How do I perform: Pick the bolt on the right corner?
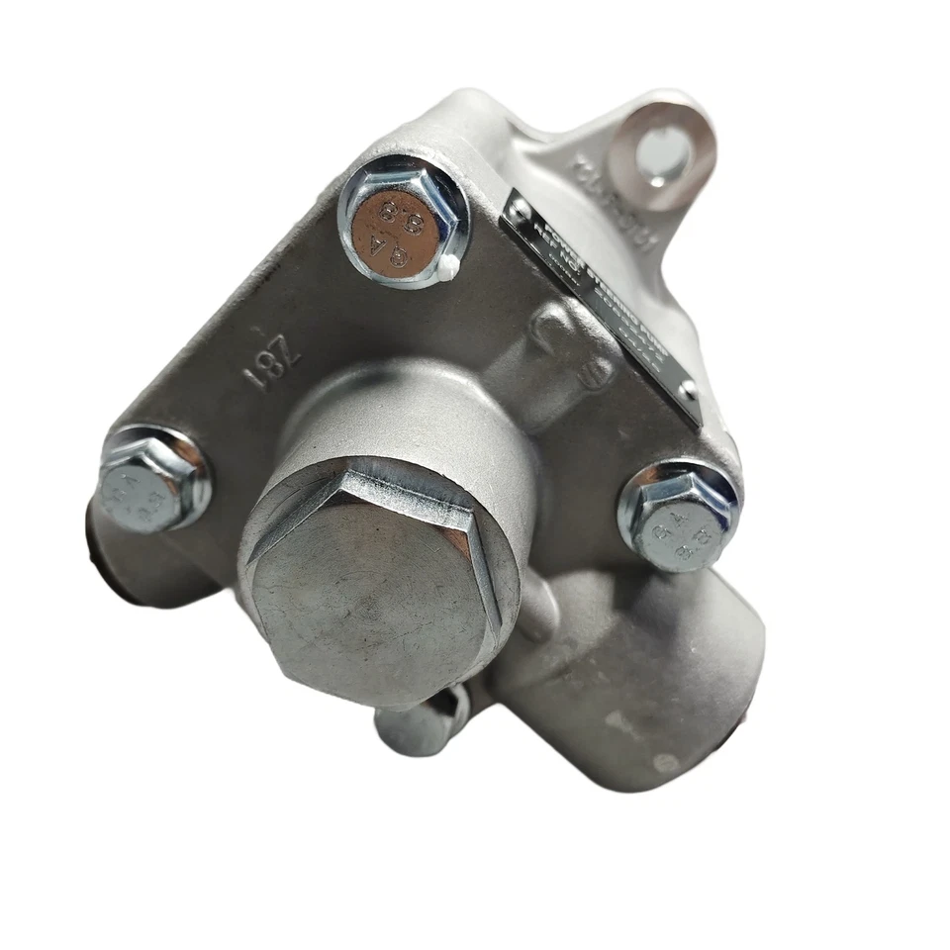[679, 516]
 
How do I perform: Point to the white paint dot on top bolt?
[448, 264]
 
